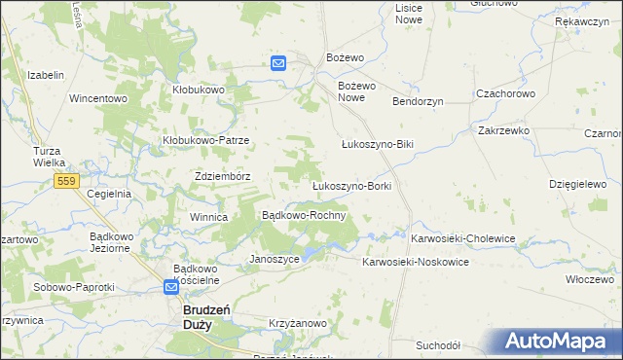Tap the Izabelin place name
[x=46, y=75]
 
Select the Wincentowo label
[x=98, y=98]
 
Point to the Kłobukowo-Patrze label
[x=206, y=140]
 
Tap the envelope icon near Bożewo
[x=278, y=63]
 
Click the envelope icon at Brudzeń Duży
[x=171, y=287]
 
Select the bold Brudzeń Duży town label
[x=206, y=316]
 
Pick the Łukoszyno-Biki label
[x=378, y=145]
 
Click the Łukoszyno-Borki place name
[x=350, y=185]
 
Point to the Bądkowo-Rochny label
[x=304, y=215]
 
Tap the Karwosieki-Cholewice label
[x=462, y=238]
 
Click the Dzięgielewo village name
[x=577, y=183]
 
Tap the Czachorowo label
[x=505, y=93]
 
